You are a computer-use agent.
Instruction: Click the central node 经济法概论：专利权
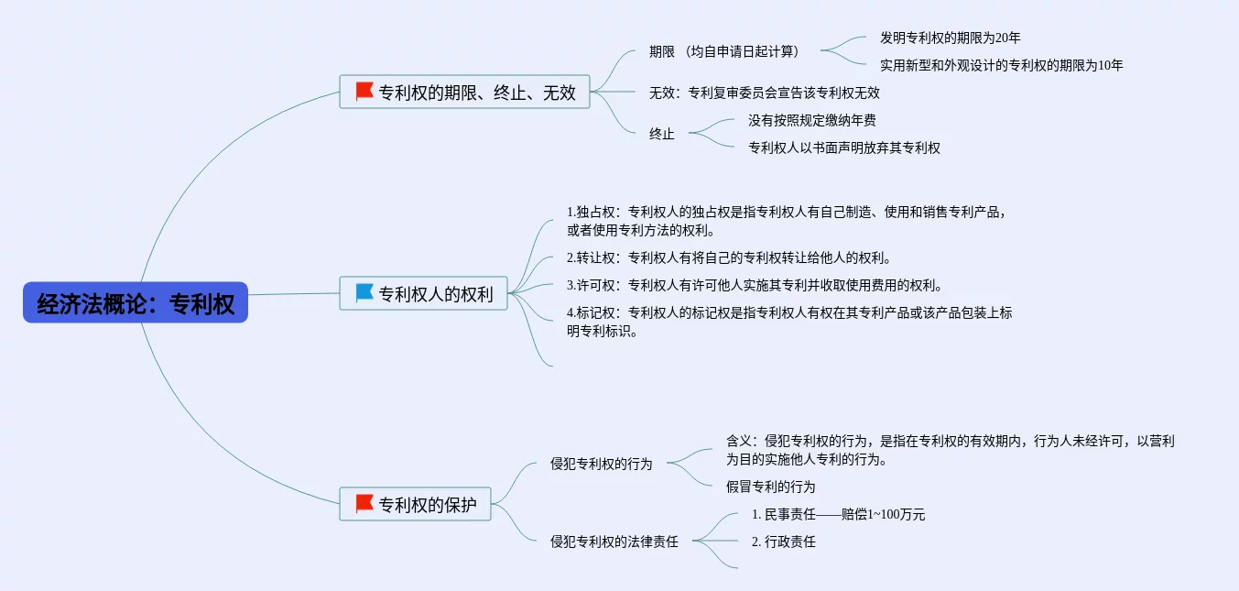tap(136, 303)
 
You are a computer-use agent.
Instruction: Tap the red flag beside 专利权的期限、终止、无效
tap(364, 92)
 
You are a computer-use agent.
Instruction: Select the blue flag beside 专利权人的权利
tap(364, 293)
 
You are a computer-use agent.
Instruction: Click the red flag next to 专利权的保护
tap(364, 503)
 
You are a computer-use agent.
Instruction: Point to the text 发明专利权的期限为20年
tap(950, 38)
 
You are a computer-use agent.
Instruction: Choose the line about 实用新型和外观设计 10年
tap(1001, 65)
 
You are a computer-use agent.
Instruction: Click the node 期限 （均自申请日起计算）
tap(723, 51)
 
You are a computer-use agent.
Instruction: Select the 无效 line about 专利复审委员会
tap(764, 93)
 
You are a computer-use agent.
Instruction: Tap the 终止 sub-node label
tap(661, 134)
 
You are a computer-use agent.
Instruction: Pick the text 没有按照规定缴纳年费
tap(812, 120)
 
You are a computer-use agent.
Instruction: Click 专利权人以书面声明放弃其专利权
tap(843, 148)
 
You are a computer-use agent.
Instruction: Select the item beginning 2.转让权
tap(728, 257)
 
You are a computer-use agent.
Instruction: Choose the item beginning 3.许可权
tap(754, 285)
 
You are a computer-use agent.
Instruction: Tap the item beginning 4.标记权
tap(788, 322)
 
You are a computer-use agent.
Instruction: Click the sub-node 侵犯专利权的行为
tap(601, 464)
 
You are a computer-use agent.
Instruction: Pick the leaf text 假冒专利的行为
tap(770, 487)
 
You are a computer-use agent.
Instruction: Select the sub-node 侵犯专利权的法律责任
tap(614, 542)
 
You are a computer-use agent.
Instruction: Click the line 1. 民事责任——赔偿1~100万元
tap(837, 514)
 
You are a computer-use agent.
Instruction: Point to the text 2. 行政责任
tap(783, 542)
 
